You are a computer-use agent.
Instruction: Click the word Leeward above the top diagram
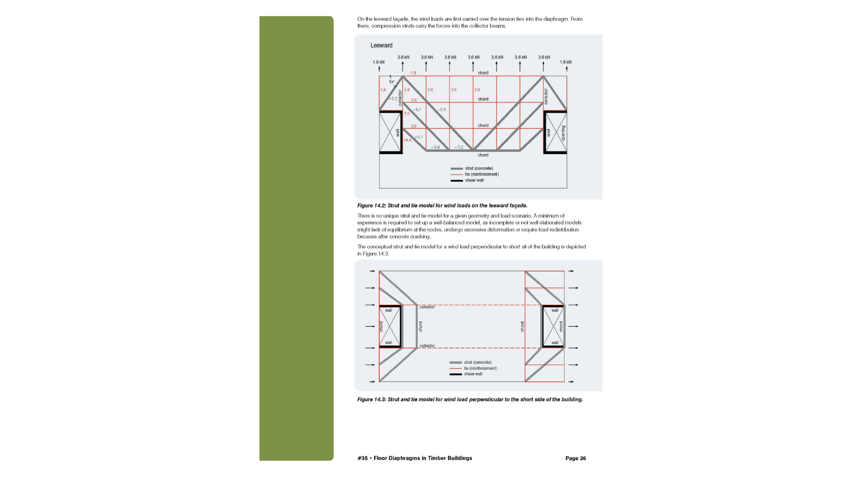pyautogui.click(x=381, y=45)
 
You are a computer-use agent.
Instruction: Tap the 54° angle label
pyautogui.click(x=391, y=82)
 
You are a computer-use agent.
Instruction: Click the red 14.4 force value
pyautogui.click(x=407, y=140)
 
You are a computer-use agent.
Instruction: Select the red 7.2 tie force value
pyautogui.click(x=406, y=114)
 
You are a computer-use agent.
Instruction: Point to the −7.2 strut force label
pyautogui.click(x=458, y=147)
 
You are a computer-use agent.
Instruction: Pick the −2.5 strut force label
pyautogui.click(x=442, y=110)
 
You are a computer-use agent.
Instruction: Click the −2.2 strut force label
pyautogui.click(x=393, y=98)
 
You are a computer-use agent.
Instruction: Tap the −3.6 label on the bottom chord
pyautogui.click(x=435, y=147)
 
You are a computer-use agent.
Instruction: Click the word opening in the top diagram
pyautogui.click(x=563, y=133)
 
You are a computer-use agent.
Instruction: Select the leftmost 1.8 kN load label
pyautogui.click(x=378, y=62)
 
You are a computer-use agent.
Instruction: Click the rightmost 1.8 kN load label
pyautogui.click(x=566, y=62)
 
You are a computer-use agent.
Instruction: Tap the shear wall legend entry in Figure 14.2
pyautogui.click(x=474, y=181)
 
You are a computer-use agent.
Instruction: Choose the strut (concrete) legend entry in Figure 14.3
pyautogui.click(x=477, y=362)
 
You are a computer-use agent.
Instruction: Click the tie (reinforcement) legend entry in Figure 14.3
pyautogui.click(x=480, y=368)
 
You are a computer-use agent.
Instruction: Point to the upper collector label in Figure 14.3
pyautogui.click(x=427, y=307)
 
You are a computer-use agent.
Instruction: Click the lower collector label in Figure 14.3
pyautogui.click(x=427, y=346)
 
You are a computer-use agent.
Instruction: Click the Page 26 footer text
pyautogui.click(x=576, y=459)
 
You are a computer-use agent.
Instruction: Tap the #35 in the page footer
pyautogui.click(x=362, y=459)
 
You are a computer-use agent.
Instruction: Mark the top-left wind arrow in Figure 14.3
pyautogui.click(x=372, y=271)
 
